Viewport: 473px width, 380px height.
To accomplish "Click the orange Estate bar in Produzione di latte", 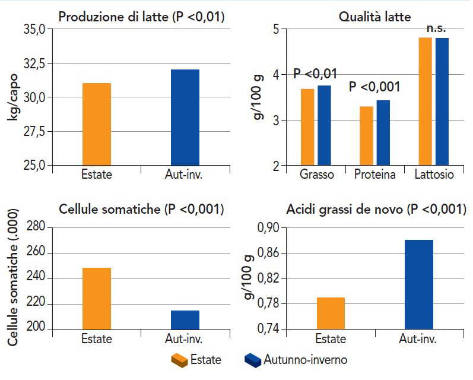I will [x=97, y=124].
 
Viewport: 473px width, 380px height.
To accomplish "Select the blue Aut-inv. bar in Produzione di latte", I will [x=185, y=118].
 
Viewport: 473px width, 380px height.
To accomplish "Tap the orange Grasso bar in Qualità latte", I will [x=307, y=127].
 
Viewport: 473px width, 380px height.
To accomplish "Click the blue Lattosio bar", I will [x=442, y=102].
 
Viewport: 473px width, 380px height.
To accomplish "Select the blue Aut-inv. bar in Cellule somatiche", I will [x=185, y=320].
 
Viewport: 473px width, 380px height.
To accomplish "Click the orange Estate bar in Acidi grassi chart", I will [x=331, y=313].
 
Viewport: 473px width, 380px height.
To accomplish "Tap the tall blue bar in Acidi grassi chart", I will [x=419, y=284].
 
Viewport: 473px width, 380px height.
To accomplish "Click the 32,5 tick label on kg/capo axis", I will [x=33, y=63].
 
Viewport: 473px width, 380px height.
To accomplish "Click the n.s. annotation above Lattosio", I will [x=436, y=28].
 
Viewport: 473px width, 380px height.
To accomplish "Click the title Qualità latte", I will [x=374, y=17].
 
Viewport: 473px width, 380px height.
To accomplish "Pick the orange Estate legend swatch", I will [x=179, y=360].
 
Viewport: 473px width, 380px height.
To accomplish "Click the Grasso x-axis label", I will [x=316, y=175].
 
